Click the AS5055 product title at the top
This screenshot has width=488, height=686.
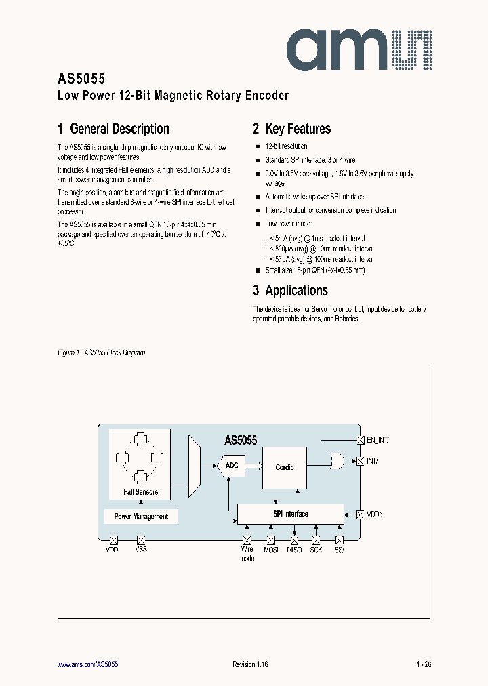(81, 78)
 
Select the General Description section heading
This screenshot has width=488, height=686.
(113, 129)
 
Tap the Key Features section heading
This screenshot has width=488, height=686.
(292, 129)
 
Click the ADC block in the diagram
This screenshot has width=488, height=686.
(231, 466)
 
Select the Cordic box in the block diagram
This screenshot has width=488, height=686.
(285, 467)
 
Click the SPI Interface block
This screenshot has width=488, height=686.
(290, 514)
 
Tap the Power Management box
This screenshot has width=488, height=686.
(141, 516)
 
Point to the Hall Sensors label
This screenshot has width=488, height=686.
(141, 492)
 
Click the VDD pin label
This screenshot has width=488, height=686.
(112, 550)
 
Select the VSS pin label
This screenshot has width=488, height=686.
(141, 550)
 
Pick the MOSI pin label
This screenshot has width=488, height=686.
(271, 550)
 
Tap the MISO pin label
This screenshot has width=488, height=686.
(294, 550)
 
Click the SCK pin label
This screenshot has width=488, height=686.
(317, 550)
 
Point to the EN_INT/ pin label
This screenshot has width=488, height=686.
(377, 440)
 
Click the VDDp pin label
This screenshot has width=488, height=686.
(375, 514)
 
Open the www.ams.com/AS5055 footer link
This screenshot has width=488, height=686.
(87, 664)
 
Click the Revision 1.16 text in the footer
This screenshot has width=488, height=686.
(250, 664)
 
